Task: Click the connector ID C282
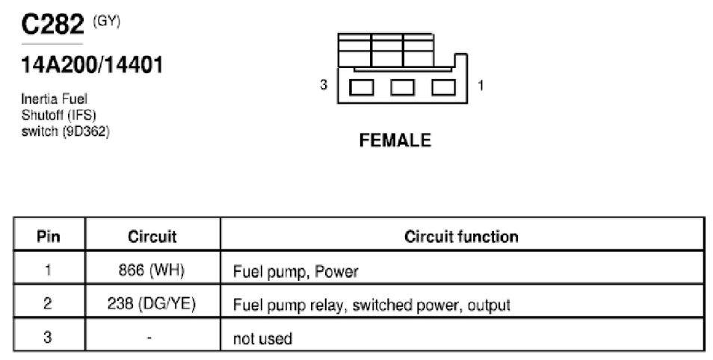(53, 24)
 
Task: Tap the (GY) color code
(106, 22)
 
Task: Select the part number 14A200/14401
(92, 65)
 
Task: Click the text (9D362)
(86, 131)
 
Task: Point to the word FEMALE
(395, 140)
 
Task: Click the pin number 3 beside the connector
(324, 85)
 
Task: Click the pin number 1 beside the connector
(481, 85)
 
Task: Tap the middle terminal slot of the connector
(402, 87)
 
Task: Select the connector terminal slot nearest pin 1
(443, 87)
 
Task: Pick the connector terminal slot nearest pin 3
(362, 87)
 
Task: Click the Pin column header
(48, 236)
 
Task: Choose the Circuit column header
(152, 236)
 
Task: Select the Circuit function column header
(461, 236)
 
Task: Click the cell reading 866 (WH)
(152, 270)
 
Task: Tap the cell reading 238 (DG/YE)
(152, 304)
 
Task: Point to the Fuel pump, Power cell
(295, 271)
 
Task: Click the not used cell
(262, 338)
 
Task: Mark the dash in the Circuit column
(150, 338)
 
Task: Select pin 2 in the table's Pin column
(48, 304)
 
